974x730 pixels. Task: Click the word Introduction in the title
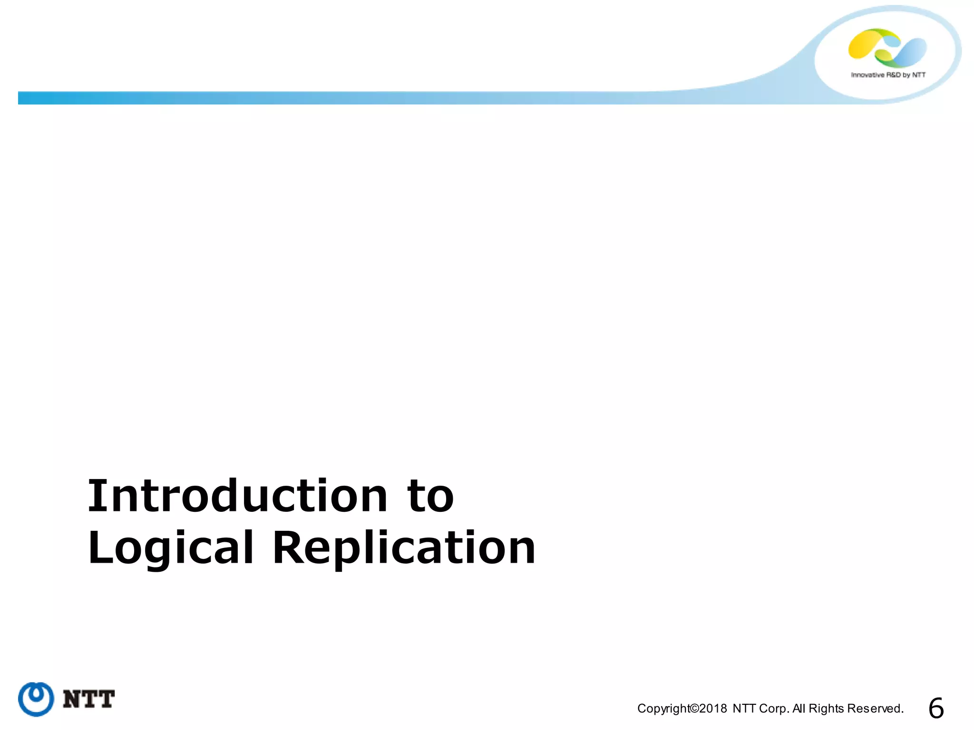tap(238, 496)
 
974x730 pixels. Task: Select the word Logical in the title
tap(170, 548)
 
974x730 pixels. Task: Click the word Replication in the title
tap(404, 548)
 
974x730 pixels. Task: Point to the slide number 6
tap(936, 709)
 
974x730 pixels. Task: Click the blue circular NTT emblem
tap(36, 699)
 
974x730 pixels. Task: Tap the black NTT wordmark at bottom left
tap(89, 700)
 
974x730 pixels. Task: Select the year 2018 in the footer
tap(713, 709)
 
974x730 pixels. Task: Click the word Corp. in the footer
tap(775, 709)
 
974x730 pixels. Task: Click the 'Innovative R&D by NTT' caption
tap(888, 75)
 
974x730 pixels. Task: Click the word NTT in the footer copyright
tap(744, 709)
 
